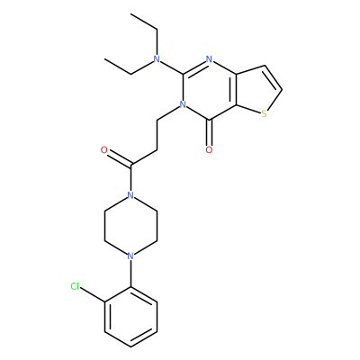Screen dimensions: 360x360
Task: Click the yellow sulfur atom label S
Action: [x=264, y=113]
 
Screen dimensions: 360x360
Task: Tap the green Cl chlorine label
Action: [x=75, y=286]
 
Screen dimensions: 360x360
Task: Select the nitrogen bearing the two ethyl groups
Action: [x=157, y=58]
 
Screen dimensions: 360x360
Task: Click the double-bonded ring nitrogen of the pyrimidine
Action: [x=209, y=58]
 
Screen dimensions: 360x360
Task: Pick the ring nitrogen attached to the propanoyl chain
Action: [x=183, y=104]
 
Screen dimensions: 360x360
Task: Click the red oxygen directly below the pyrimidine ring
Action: [x=209, y=149]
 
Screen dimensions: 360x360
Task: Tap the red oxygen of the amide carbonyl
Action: [x=104, y=150]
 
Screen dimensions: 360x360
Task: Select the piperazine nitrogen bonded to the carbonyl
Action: [x=130, y=195]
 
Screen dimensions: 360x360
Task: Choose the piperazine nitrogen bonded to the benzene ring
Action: [x=130, y=256]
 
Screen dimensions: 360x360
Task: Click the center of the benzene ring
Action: [x=130, y=317]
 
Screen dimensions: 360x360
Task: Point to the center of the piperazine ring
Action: [x=130, y=226]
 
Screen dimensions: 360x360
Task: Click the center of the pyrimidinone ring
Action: [x=209, y=89]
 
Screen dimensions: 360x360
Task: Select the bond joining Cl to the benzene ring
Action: [x=93, y=294]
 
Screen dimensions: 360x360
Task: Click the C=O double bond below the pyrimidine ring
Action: [x=209, y=132]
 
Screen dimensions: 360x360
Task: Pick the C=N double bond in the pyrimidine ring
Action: [x=194, y=67]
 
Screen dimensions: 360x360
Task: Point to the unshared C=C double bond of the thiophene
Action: [x=274, y=77]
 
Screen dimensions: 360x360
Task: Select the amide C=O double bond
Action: [x=119, y=158]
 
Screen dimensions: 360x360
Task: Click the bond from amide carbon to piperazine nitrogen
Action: [x=130, y=178]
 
